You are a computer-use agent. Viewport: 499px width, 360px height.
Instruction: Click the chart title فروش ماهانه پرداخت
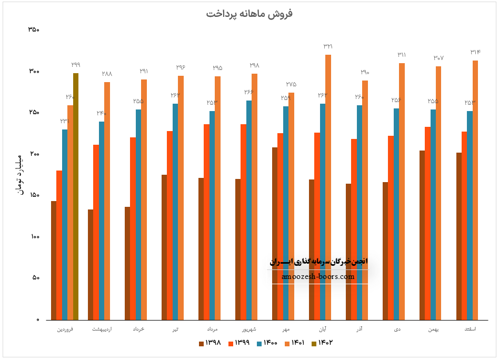pyautogui.click(x=249, y=14)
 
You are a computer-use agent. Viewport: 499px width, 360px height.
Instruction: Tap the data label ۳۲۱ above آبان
pyautogui.click(x=328, y=46)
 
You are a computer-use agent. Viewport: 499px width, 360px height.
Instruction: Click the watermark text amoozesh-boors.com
pyautogui.click(x=318, y=276)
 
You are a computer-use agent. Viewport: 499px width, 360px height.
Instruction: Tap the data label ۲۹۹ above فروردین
pyautogui.click(x=76, y=65)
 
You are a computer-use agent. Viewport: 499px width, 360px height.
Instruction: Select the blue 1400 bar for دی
pyautogui.click(x=396, y=214)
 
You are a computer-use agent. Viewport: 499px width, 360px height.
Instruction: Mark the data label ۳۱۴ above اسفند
pyautogui.click(x=475, y=52)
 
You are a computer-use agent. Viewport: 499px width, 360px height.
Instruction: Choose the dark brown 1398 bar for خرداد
pyautogui.click(x=127, y=263)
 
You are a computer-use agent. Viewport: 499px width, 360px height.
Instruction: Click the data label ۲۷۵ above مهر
pyautogui.click(x=291, y=84)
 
